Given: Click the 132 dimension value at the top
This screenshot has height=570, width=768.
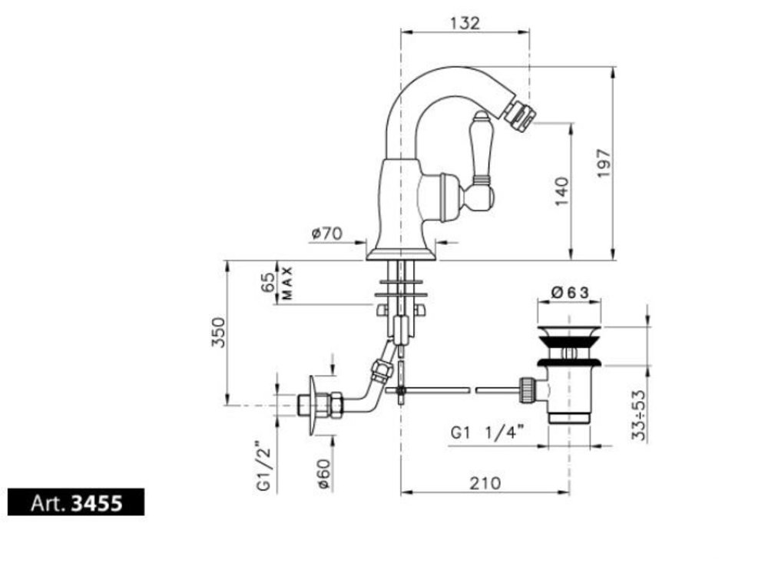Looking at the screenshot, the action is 465,23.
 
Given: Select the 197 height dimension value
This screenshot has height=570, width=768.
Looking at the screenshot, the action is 604,163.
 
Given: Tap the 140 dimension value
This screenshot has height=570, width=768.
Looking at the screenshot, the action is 562,191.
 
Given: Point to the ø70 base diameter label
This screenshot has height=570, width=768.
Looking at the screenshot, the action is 326,234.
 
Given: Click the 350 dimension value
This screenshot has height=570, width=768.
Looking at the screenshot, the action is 218,333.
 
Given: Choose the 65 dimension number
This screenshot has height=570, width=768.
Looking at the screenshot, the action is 268,283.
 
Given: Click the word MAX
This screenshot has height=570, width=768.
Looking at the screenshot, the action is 287,283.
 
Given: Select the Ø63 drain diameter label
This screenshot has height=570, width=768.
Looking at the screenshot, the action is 569,293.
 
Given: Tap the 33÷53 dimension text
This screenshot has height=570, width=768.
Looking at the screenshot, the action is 639,416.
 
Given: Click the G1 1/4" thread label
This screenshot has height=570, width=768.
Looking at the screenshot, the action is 488,432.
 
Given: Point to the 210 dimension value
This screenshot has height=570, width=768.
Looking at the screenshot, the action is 485,483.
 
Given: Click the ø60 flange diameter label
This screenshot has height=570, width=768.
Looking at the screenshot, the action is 324,474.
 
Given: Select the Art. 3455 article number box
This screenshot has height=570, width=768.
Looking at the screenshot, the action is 76,502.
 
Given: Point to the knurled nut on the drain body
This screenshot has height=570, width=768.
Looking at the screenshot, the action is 527,389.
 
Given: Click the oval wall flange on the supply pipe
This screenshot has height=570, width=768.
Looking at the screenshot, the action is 313,406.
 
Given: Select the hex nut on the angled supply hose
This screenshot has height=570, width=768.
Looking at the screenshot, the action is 382,370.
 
